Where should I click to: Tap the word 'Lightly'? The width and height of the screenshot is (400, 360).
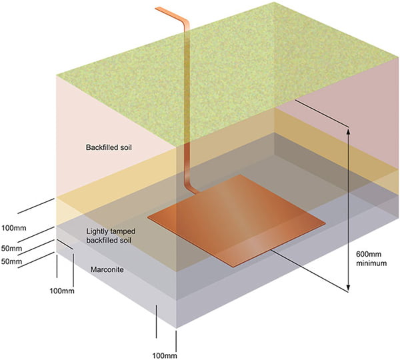tap(101, 231)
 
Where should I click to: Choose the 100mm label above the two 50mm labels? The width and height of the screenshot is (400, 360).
tap(14, 228)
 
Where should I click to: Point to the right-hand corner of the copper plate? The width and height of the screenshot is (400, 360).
tap(325, 221)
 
